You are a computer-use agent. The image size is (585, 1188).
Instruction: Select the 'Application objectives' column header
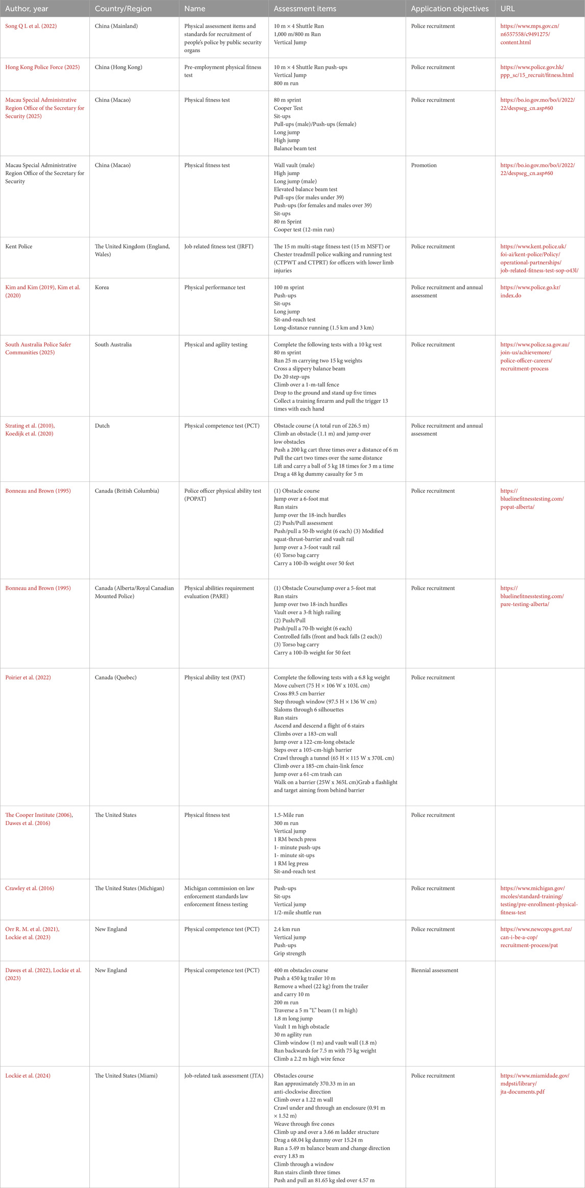click(450, 9)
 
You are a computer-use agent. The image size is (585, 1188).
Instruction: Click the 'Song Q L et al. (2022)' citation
click(31, 26)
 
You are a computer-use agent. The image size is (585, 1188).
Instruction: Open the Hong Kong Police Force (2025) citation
click(42, 67)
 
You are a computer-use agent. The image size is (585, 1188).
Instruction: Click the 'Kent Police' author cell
click(19, 247)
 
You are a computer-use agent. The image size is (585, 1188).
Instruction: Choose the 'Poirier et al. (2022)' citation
click(28, 677)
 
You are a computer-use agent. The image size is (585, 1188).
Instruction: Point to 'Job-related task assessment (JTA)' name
click(224, 1076)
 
